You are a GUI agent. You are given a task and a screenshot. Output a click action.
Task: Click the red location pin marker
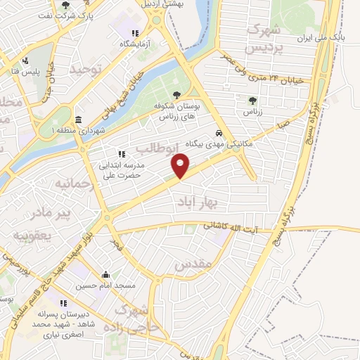181,166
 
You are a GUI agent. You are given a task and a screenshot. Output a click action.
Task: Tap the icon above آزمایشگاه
134,33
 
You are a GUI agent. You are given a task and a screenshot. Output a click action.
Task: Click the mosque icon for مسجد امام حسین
105,275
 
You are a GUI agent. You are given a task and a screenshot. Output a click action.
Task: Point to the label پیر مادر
49,211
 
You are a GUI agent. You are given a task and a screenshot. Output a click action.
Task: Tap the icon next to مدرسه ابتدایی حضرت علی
122,153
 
